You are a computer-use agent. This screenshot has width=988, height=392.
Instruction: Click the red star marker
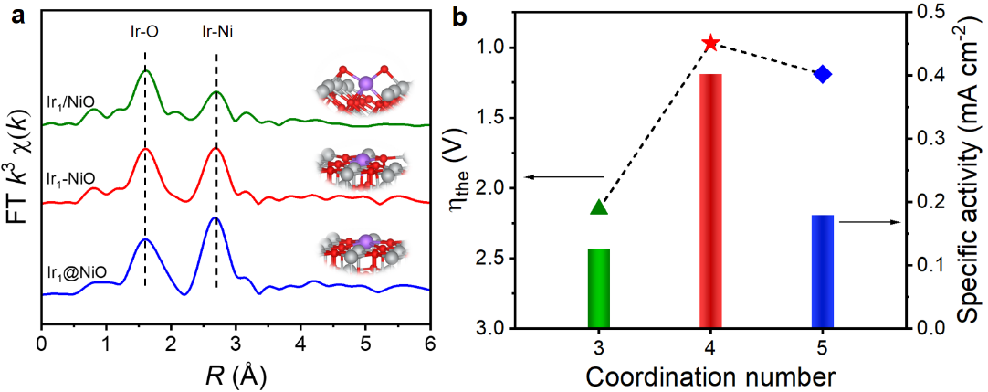(x=710, y=43)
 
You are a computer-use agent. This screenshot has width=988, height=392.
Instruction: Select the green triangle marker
(x=599, y=207)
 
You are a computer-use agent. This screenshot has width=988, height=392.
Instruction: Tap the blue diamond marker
(x=823, y=74)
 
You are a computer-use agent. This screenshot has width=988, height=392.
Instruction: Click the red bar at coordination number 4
(x=710, y=201)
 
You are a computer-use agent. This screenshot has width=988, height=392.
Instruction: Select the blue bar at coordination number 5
(x=823, y=271)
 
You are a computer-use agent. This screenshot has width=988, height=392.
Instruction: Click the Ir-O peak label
(x=145, y=31)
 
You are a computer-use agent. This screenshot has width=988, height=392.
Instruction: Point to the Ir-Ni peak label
(x=216, y=31)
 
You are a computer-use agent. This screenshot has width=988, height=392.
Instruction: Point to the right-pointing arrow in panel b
(x=862, y=221)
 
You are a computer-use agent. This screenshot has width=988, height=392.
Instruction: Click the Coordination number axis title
(x=709, y=376)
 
